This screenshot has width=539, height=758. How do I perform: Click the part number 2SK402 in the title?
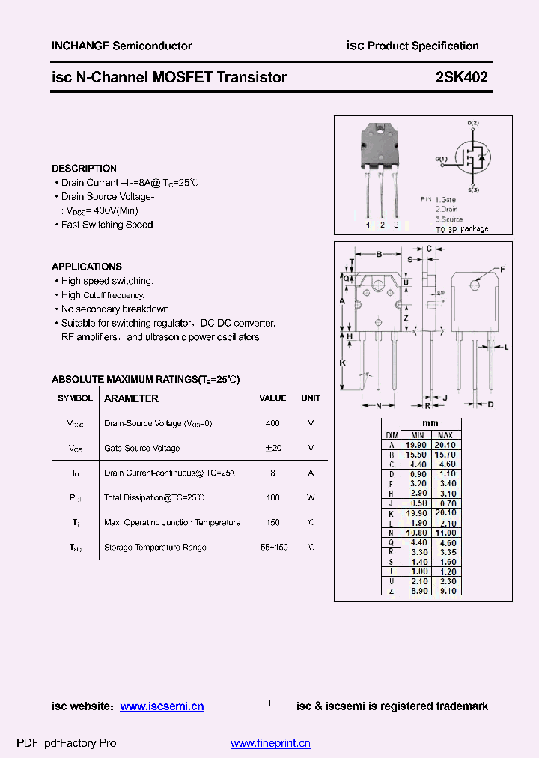coord(462,77)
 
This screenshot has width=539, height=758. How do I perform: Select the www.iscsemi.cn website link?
coord(162,706)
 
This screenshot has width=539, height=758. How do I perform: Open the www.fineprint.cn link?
coord(270,744)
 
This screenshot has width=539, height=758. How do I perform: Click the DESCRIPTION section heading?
coord(85,169)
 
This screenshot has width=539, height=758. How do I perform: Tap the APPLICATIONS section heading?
coord(87,267)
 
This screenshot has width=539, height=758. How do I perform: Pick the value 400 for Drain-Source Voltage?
coord(272,423)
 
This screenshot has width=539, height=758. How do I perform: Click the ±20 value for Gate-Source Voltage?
coord(272,448)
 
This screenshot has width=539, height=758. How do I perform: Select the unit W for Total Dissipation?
coord(311,497)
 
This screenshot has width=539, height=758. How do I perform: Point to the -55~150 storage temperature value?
coord(272,548)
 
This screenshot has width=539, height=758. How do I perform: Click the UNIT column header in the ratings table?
coord(311,398)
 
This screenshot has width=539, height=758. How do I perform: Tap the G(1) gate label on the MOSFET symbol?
coord(442,159)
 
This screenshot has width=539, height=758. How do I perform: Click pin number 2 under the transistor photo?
coord(383,224)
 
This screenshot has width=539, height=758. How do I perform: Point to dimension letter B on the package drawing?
coord(379,254)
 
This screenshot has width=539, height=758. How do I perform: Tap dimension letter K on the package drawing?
coord(342,363)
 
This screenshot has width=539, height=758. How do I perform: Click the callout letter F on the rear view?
coord(502,269)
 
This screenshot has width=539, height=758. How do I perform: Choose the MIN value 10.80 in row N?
coord(417,533)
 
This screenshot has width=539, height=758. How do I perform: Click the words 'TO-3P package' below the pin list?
coord(462,229)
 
